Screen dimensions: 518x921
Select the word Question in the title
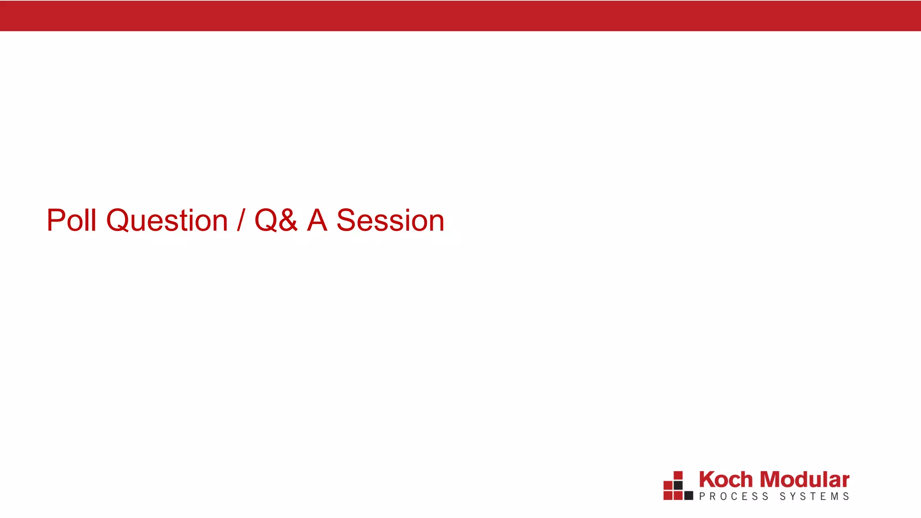[x=167, y=221]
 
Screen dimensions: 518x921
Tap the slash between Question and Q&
[x=241, y=221]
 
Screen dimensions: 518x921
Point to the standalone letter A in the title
[x=317, y=220]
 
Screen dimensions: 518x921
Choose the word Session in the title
[x=390, y=221]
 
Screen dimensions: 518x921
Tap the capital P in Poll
[x=56, y=220]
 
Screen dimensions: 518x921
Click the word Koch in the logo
[x=725, y=480]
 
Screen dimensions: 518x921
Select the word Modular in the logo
[x=805, y=480]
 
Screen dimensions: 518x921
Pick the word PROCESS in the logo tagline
[x=733, y=496]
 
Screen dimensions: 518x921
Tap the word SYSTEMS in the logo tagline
[x=814, y=496]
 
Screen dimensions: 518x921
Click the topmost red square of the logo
[x=678, y=475]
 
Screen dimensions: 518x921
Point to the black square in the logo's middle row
[x=678, y=486]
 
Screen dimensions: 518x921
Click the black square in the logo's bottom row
[x=689, y=496]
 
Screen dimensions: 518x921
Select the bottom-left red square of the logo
[x=668, y=496]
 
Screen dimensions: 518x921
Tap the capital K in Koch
[x=707, y=480]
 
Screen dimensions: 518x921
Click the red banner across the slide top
[x=460, y=16]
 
